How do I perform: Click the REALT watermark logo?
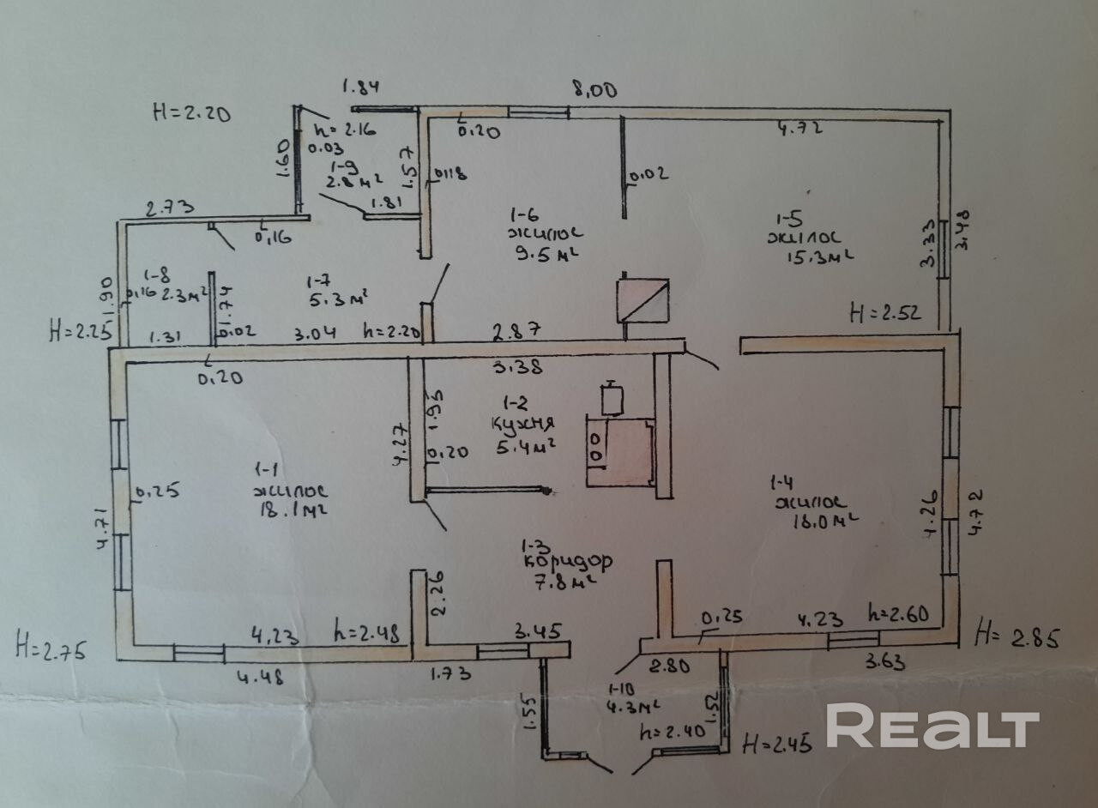click(932, 727)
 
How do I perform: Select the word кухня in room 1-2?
click(522, 423)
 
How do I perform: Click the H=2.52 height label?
click(884, 313)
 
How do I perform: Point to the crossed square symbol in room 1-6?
click(643, 300)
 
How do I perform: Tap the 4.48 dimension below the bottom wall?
click(259, 676)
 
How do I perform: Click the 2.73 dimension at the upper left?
click(170, 208)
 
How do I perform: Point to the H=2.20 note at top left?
click(191, 112)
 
